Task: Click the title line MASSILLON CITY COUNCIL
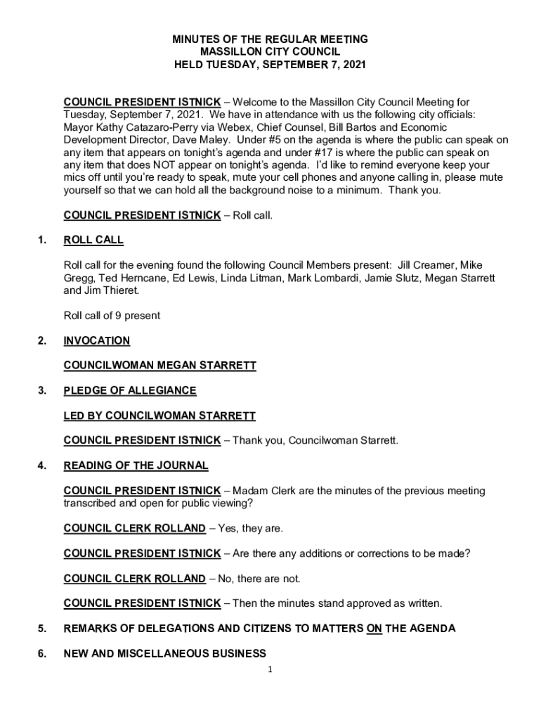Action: [x=270, y=52]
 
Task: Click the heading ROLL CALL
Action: [x=93, y=240]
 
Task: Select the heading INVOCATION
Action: [x=97, y=341]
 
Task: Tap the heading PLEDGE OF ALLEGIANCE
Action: [x=130, y=391]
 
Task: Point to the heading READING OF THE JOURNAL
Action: [x=136, y=465]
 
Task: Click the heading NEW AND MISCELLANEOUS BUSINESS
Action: [x=165, y=654]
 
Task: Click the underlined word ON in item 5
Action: [x=374, y=629]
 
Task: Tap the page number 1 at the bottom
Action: [x=270, y=669]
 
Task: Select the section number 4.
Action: [x=43, y=465]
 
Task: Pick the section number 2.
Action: [x=43, y=341]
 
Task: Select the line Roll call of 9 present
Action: [x=112, y=316]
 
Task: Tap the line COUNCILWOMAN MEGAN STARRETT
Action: [x=159, y=366]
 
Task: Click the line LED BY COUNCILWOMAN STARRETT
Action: [x=159, y=416]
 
